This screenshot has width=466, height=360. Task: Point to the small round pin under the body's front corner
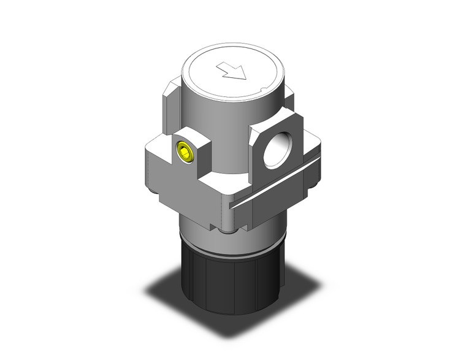(x=227, y=231)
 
